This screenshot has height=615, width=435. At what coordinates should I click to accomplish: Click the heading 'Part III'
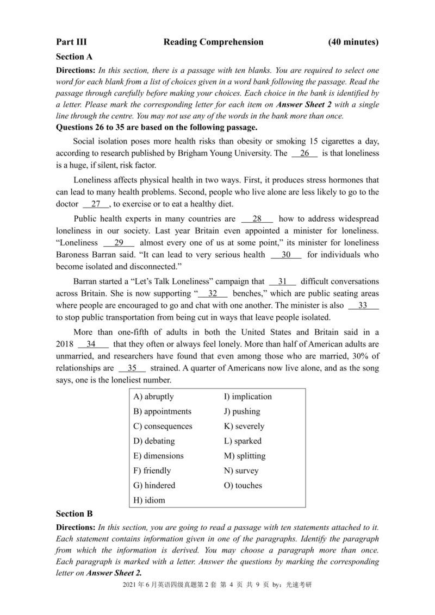pos(71,42)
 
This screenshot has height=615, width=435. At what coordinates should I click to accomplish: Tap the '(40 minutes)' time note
pos(353,42)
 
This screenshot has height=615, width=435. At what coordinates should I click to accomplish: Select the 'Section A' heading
pos(74,57)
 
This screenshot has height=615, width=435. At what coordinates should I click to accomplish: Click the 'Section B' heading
pos(74,513)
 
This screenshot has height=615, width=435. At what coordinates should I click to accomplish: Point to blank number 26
pos(308,154)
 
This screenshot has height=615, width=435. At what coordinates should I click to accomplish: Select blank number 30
pos(286,255)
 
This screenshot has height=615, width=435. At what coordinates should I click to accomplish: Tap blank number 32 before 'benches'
pos(213,294)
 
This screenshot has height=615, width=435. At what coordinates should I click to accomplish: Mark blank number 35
pos(132,368)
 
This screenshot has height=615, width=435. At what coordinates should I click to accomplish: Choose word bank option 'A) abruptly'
pos(154,397)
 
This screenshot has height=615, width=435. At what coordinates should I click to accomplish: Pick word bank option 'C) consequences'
pos(163,426)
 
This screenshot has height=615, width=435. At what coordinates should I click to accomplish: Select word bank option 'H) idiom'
pos(149,500)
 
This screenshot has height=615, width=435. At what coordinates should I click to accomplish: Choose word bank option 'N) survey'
pos(241,470)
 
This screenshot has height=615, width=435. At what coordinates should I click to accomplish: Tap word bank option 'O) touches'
pos(243,486)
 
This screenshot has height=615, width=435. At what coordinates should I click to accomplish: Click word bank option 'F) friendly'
pos(152,470)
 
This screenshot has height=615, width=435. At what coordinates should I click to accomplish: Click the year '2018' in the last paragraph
pos(65,344)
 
